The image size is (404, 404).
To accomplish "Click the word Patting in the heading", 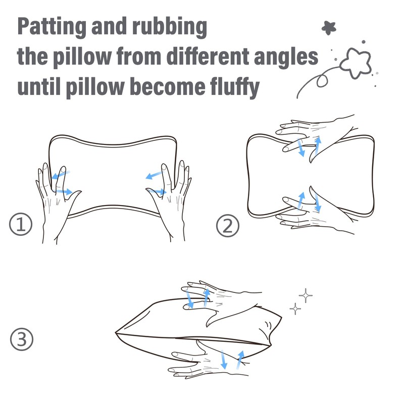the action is point(52,27).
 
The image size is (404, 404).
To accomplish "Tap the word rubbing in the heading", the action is point(170,27).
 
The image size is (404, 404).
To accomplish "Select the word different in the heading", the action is point(208,56).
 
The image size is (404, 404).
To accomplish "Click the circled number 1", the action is point(21,224).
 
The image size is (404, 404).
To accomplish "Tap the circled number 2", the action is point(228,226).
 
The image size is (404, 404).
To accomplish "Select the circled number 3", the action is point(22,339).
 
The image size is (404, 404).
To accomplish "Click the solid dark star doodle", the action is point(329,28).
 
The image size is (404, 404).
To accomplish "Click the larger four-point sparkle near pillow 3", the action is point(306,295).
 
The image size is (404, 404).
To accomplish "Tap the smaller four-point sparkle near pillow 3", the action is point(295,309).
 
